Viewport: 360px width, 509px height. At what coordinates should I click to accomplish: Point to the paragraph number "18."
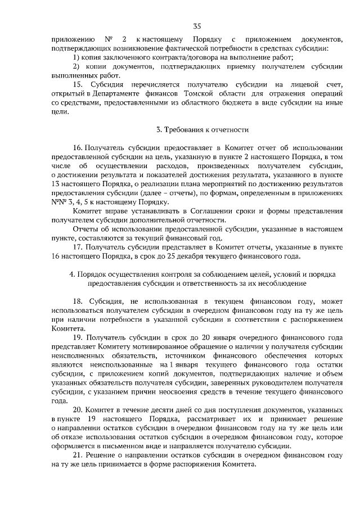[x=80, y=300]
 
